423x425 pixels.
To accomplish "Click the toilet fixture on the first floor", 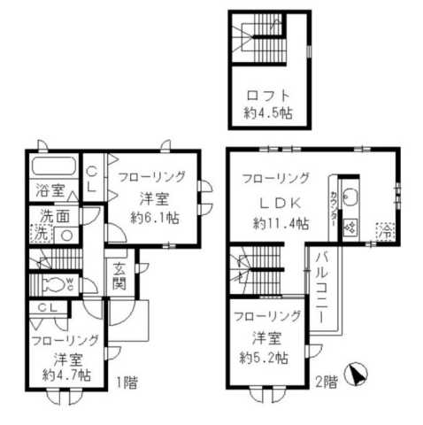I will (57, 284).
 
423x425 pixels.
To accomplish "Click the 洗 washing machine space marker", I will (40, 236).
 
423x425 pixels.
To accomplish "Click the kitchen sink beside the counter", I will (348, 196).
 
